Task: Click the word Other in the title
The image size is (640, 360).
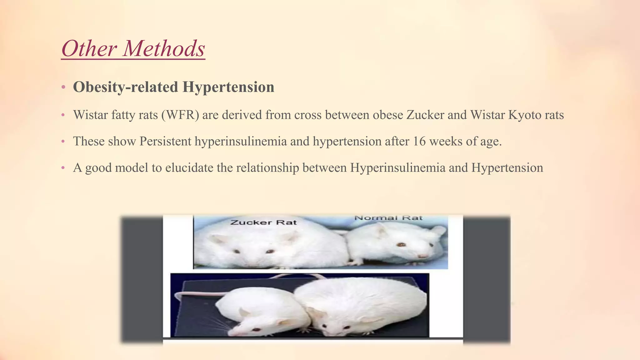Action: click(89, 49)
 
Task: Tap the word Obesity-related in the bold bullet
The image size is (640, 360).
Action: click(125, 87)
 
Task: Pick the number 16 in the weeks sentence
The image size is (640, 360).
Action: click(419, 141)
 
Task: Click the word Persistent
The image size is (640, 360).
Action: click(165, 141)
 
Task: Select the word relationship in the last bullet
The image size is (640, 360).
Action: click(267, 168)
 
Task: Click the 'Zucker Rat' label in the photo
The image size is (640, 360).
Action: click(263, 222)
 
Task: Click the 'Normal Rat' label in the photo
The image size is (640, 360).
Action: click(388, 218)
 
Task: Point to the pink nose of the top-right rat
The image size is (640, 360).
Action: click(422, 256)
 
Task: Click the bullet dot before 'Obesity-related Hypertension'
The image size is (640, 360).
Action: click(63, 87)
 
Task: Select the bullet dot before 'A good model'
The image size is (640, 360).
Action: click(63, 168)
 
